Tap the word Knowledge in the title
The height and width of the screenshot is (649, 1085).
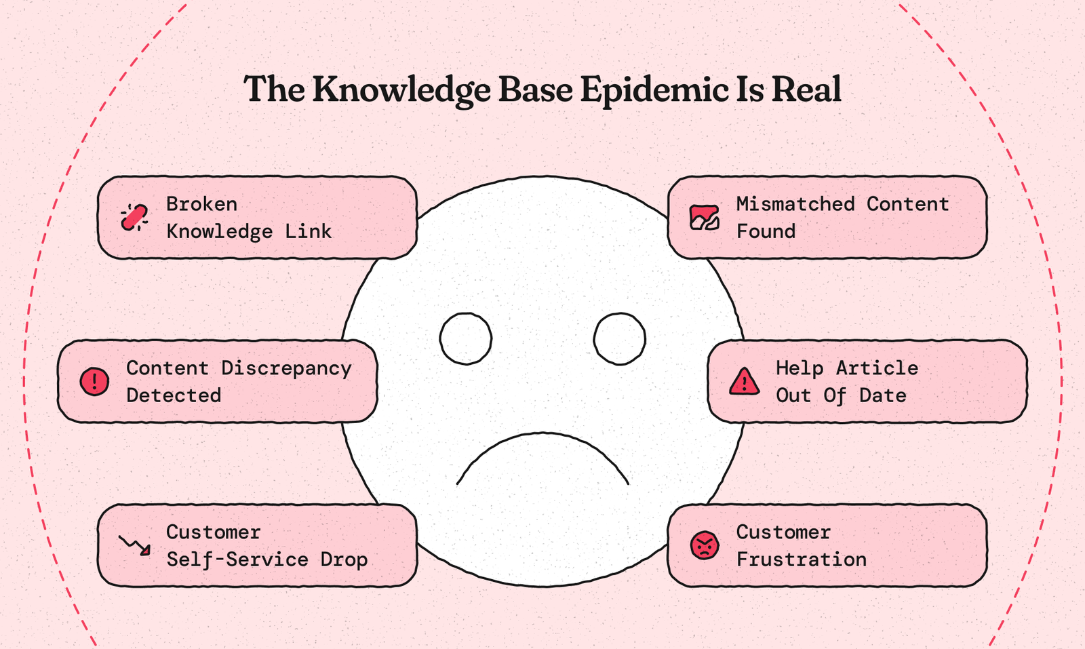click(x=401, y=91)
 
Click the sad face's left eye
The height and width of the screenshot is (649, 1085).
click(x=466, y=338)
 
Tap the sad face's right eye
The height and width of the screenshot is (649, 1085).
click(x=619, y=338)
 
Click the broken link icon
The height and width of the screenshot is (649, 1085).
click(x=134, y=218)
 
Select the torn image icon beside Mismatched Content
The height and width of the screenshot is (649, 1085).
click(x=704, y=218)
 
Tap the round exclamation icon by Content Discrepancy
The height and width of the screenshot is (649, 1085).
click(x=94, y=381)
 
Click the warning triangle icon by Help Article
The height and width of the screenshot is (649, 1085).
click(x=744, y=382)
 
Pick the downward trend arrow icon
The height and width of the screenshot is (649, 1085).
click(x=134, y=545)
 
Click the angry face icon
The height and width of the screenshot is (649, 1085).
click(x=705, y=545)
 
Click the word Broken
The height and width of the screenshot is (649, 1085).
click(x=201, y=204)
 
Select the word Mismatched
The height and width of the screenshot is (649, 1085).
click(x=795, y=204)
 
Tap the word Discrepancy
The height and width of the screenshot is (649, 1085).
click(x=286, y=368)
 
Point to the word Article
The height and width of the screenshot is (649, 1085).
click(x=877, y=368)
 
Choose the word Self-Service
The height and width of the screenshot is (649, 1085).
click(x=237, y=559)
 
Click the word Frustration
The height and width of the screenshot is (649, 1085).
click(x=801, y=559)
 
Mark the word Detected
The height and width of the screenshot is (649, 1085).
click(x=174, y=395)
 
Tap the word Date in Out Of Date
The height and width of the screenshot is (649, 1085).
click(x=882, y=395)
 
